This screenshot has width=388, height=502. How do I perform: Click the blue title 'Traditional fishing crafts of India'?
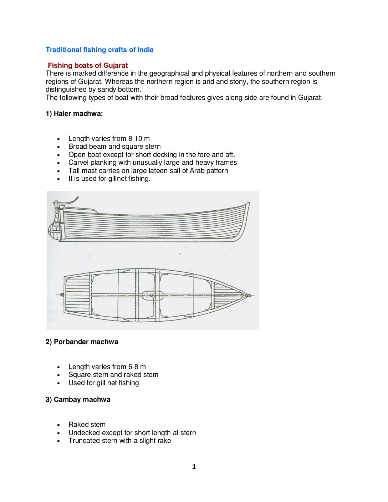tap(99, 50)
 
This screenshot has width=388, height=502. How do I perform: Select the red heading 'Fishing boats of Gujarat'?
tap(88, 66)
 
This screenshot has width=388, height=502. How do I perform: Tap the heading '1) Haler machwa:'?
tap(74, 114)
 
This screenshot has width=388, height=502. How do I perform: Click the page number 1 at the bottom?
tap(194, 467)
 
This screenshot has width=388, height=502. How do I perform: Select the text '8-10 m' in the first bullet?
tap(139, 139)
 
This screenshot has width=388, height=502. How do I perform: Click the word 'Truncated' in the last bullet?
tap(83, 441)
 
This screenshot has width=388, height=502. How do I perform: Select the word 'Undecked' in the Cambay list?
tap(84, 433)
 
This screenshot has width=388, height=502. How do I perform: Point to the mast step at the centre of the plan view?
tap(152, 295)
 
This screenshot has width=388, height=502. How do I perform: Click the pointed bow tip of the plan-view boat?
tap(250, 295)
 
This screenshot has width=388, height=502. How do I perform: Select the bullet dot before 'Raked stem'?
tap(58, 425)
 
